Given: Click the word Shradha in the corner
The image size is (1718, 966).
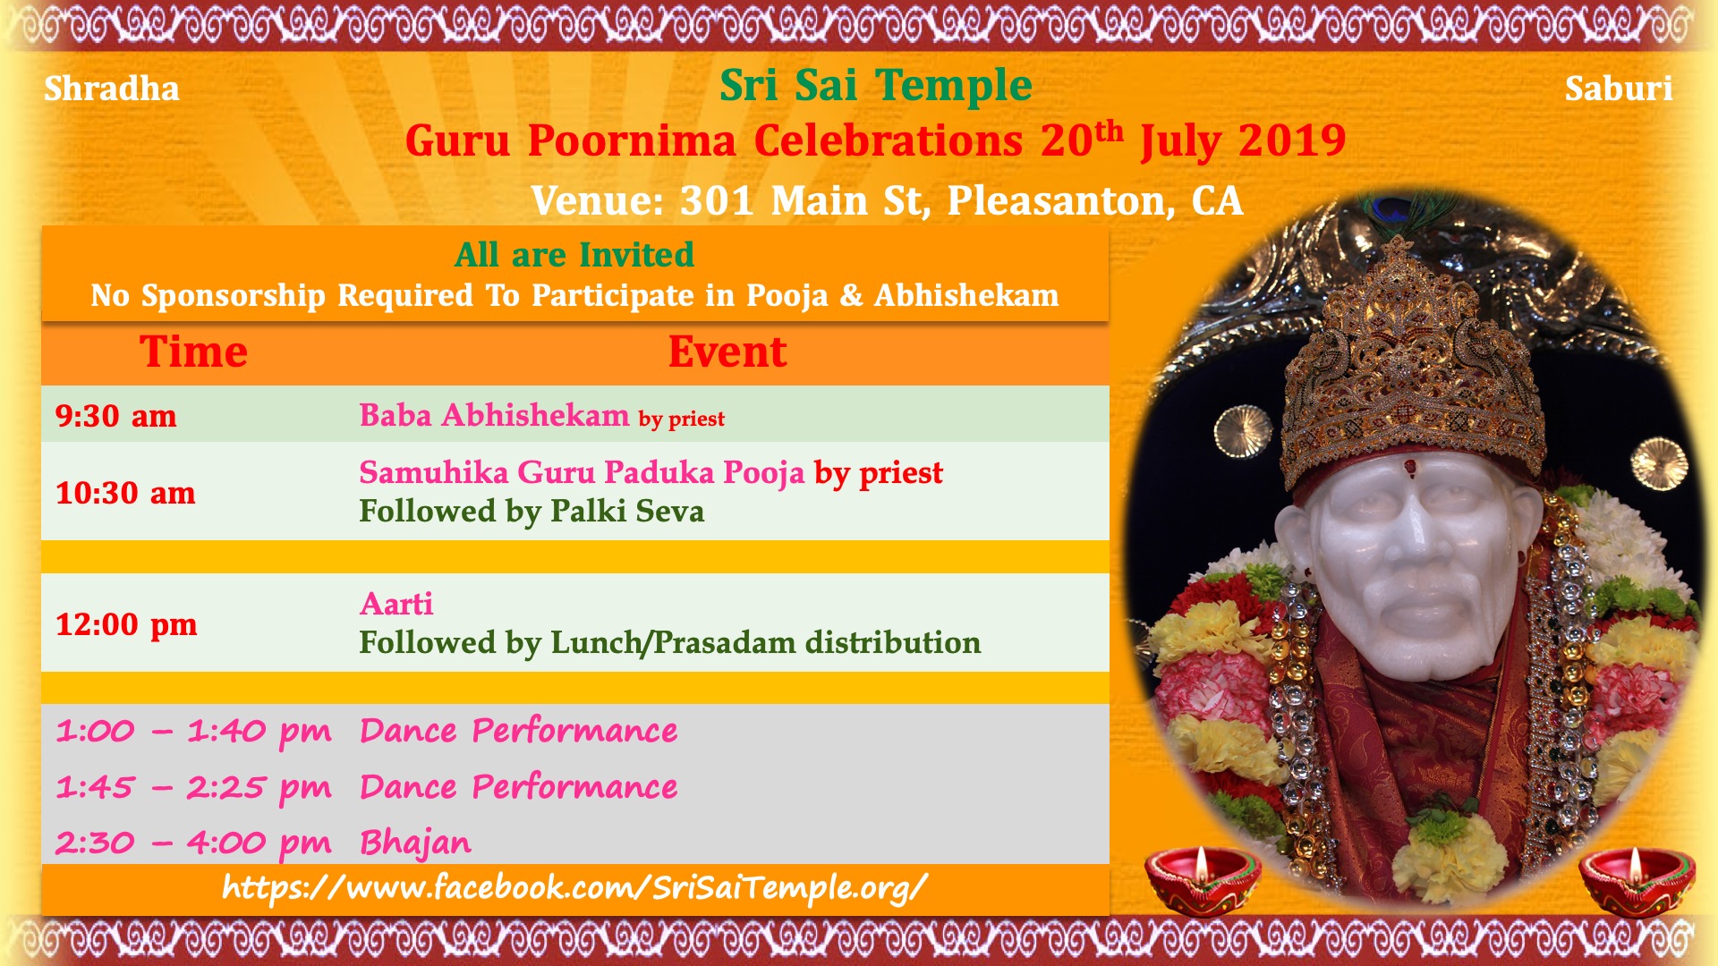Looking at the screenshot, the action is (112, 89).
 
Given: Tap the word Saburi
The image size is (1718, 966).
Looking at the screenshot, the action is (1619, 89).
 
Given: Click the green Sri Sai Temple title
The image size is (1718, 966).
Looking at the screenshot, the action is (876, 87).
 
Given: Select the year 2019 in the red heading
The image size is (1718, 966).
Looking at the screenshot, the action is (1292, 140).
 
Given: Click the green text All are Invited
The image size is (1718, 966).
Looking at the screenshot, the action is (574, 255).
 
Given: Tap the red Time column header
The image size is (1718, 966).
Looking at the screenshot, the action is (193, 352).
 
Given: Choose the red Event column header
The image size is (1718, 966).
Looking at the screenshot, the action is (727, 352).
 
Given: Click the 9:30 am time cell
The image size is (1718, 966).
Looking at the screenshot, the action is (116, 416).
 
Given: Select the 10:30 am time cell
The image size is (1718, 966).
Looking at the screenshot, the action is (125, 493).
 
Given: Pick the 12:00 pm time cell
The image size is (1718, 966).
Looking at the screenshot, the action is (126, 624).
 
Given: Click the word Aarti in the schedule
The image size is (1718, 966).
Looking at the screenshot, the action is (396, 605).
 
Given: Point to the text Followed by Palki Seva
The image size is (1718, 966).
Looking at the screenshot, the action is (532, 512).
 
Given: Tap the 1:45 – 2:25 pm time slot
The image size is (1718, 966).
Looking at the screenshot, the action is (193, 788).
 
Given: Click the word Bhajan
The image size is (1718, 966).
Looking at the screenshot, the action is (415, 843).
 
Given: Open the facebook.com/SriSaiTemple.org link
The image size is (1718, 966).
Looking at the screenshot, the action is (574, 888).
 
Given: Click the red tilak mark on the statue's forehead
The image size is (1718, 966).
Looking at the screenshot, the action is (1410, 465).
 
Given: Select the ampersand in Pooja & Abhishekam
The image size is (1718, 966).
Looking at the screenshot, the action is (851, 295).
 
